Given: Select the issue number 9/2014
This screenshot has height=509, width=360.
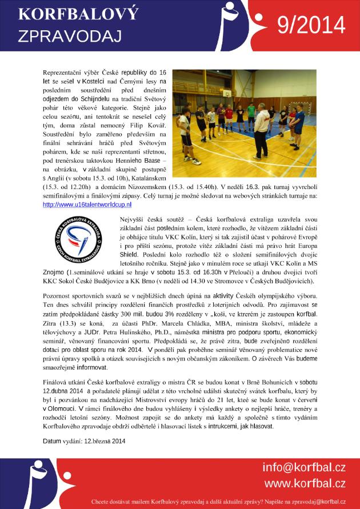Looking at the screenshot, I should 311,25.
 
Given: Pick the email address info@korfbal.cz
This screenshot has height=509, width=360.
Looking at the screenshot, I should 304,467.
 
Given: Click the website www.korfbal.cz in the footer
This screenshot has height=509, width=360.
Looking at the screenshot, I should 304,483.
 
